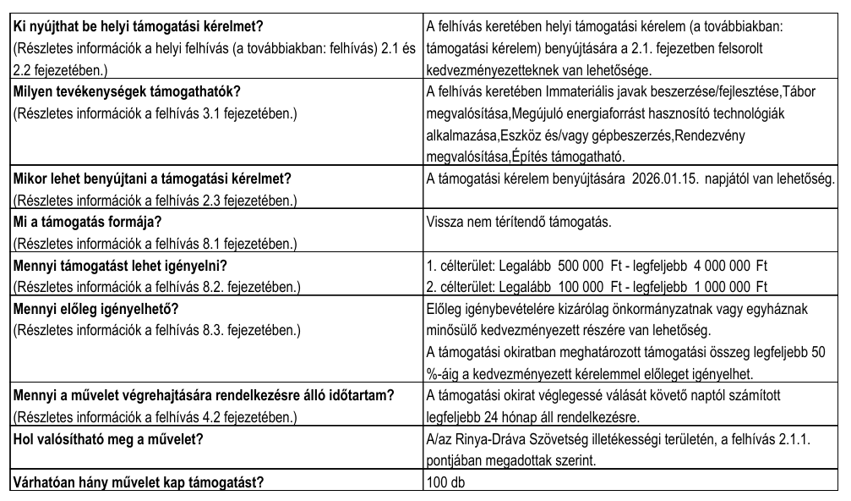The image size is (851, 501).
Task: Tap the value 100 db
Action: [x=446, y=483]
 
